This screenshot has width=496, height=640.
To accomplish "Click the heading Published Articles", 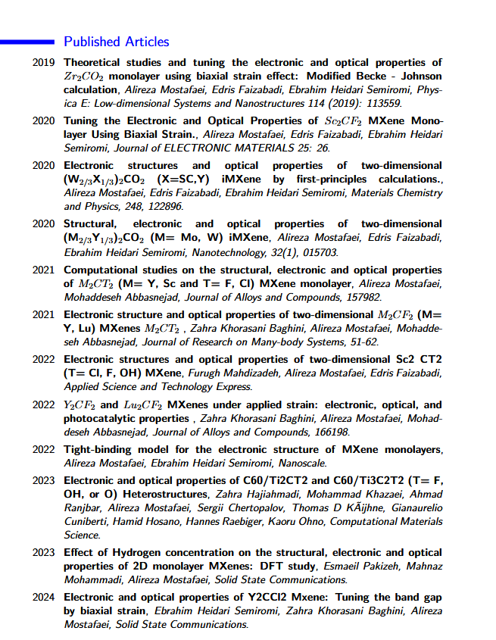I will click(x=116, y=42).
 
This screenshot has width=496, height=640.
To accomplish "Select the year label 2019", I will click(x=43, y=63).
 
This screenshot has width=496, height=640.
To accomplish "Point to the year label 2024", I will click(x=43, y=597).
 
